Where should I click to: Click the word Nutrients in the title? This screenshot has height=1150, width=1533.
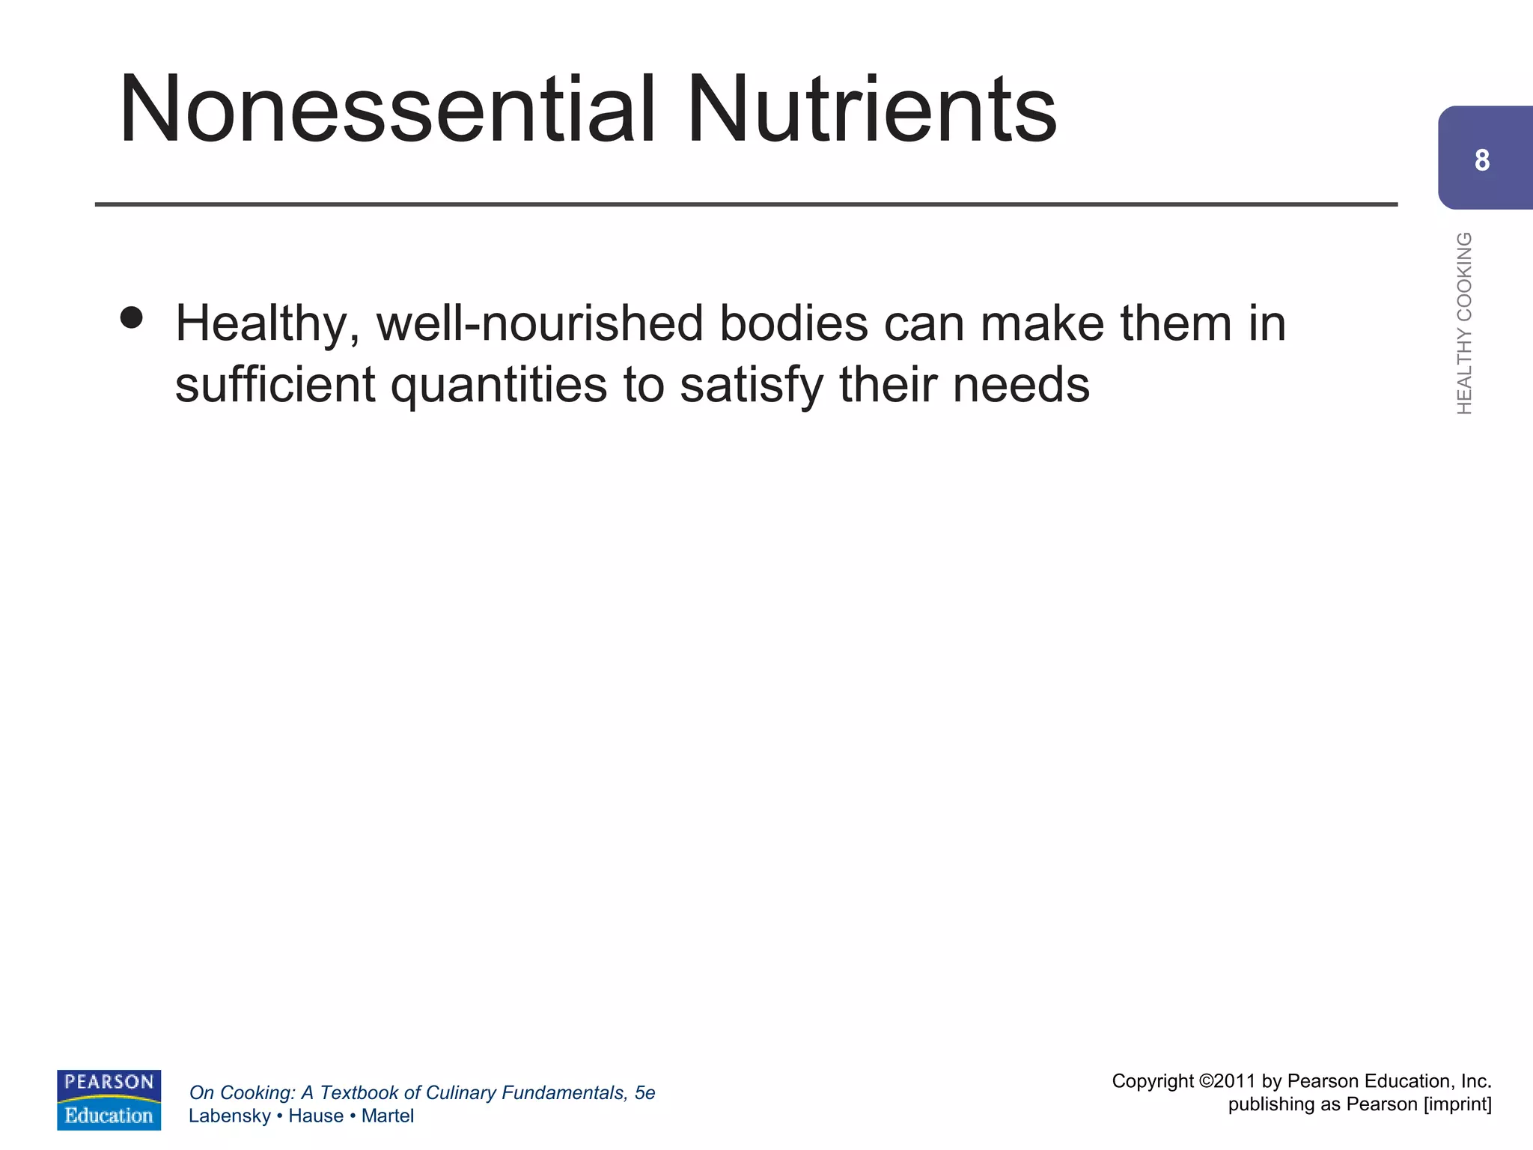point(871,109)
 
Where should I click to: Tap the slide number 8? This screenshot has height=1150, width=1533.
point(1482,160)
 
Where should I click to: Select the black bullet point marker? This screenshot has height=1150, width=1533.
point(131,317)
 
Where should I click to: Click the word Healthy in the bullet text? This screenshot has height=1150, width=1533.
point(266,325)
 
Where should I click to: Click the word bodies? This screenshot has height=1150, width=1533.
point(793,323)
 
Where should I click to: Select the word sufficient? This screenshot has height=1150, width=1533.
point(275,385)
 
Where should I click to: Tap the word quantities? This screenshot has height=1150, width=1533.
point(499,386)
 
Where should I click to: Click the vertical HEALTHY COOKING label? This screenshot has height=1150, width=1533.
point(1464,323)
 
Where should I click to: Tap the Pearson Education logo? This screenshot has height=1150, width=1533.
point(109,1099)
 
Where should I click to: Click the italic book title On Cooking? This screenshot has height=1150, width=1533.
point(240,1093)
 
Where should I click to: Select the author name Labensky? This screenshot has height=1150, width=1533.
point(229,1116)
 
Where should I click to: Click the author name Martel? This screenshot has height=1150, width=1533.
point(387,1116)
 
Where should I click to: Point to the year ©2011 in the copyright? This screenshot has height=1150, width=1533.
point(1227,1081)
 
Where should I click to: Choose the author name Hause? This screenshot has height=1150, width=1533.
point(315,1116)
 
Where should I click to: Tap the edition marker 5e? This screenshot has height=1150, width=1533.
point(644,1093)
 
